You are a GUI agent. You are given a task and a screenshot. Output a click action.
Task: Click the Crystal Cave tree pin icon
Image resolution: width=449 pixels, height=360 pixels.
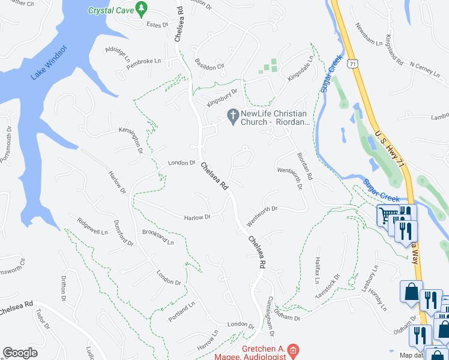tap(142, 8)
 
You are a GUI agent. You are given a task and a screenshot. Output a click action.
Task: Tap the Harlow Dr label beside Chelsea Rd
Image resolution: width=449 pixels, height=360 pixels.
tap(197, 217)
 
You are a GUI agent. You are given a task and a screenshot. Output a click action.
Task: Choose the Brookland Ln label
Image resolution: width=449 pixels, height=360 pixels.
tap(158, 238)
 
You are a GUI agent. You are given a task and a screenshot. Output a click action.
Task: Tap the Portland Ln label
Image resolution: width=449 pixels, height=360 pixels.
tap(182, 311)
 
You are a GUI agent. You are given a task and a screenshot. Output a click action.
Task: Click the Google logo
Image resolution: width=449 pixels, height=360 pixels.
tap(20, 353)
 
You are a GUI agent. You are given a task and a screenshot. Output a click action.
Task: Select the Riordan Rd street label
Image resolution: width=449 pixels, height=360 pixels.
tap(305, 166)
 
